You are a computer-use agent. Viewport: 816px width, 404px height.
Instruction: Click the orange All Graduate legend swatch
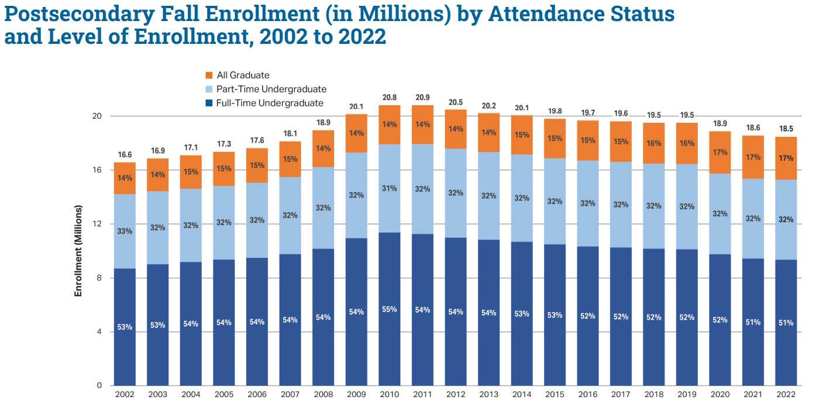209,75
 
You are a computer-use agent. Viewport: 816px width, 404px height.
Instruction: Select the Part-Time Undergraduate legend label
271,89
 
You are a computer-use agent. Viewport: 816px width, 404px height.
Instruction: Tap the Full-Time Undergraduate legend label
270,103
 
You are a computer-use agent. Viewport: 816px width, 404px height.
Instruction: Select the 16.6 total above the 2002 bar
124,155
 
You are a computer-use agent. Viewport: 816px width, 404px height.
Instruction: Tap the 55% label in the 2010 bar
390,309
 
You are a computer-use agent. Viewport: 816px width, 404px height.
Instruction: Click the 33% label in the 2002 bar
124,231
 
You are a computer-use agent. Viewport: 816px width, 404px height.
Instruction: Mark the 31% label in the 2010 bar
390,188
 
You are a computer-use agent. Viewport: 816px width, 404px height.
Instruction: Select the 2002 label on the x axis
124,395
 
